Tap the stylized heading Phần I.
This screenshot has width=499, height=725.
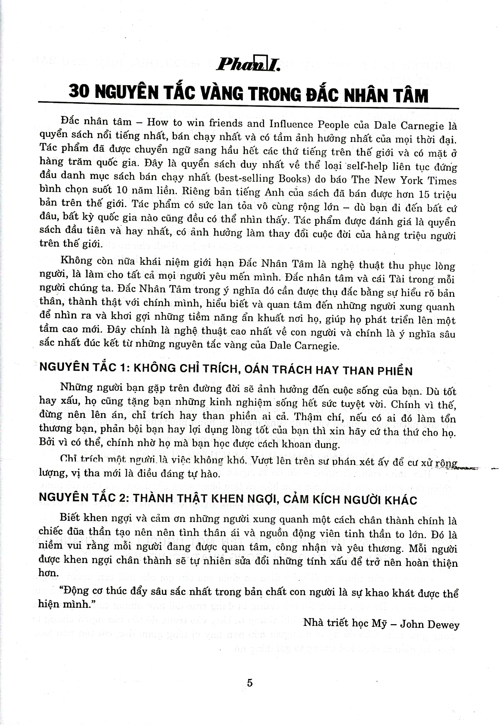click(248, 64)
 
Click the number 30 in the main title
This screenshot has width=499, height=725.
click(79, 91)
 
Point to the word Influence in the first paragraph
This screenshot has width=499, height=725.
click(291, 124)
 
